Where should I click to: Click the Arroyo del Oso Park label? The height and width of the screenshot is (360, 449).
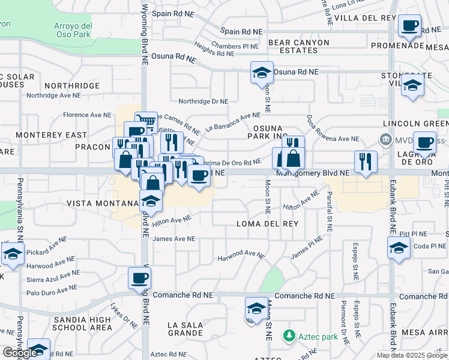coord(73,31)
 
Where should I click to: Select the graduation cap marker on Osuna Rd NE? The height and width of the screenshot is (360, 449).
coord(262,73)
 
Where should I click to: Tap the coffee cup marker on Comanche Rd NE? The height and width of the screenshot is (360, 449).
coord(139,278)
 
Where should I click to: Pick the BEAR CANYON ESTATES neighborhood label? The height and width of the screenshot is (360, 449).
coord(299,47)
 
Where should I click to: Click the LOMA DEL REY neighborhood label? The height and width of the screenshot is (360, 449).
coord(268,224)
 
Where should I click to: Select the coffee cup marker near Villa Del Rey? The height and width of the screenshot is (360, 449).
coord(410,26)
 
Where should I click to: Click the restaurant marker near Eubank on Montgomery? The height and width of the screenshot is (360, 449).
coord(366,161)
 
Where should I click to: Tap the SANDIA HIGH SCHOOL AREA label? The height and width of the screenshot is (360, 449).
coord(82,323)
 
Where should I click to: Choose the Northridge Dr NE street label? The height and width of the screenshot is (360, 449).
coord(203,101)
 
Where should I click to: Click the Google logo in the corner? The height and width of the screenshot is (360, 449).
coord(20,353)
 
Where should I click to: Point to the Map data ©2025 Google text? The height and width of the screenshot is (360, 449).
coord(411,355)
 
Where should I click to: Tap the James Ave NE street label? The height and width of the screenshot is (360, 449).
coord(174,238)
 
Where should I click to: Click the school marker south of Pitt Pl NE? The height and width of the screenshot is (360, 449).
coord(399,248)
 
